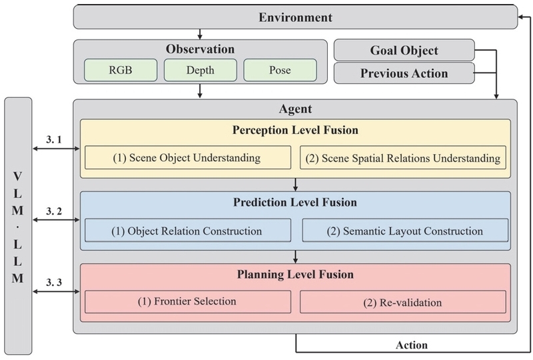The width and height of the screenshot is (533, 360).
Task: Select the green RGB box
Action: (x=120, y=70)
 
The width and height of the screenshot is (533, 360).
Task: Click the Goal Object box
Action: (x=403, y=51)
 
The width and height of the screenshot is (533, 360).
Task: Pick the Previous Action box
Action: (x=403, y=73)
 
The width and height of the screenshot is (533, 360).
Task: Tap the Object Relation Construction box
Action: (x=187, y=231)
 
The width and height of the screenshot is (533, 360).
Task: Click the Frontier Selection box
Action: (x=187, y=301)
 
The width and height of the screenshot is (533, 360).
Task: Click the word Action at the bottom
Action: (x=410, y=345)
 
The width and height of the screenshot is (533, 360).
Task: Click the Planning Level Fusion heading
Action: (x=295, y=274)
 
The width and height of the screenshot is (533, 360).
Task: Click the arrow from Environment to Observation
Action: (x=199, y=34)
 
